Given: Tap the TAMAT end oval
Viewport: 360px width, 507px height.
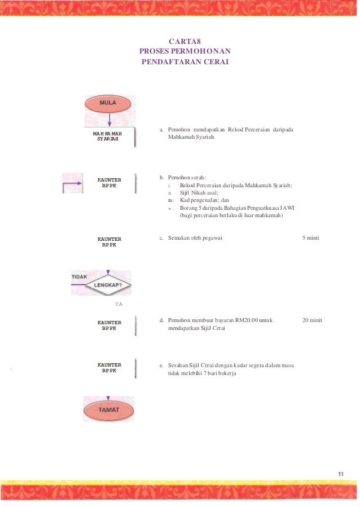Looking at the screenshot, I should (x=108, y=410).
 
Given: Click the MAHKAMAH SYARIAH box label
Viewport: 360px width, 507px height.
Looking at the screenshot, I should (x=107, y=136).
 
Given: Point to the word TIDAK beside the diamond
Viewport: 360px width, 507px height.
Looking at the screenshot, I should (x=79, y=277).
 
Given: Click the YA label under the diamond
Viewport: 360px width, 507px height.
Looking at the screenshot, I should (x=118, y=304).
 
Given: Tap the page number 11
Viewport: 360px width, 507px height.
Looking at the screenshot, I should (x=341, y=473).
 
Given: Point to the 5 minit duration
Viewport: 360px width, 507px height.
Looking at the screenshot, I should (x=311, y=238).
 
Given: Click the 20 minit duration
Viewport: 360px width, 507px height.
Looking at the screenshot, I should (x=312, y=320).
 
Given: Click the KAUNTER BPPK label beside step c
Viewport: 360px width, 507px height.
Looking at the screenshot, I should (x=109, y=242).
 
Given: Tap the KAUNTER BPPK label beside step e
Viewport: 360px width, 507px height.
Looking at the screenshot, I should (x=109, y=368).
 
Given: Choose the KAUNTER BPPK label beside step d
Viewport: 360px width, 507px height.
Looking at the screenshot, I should (x=109, y=325).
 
